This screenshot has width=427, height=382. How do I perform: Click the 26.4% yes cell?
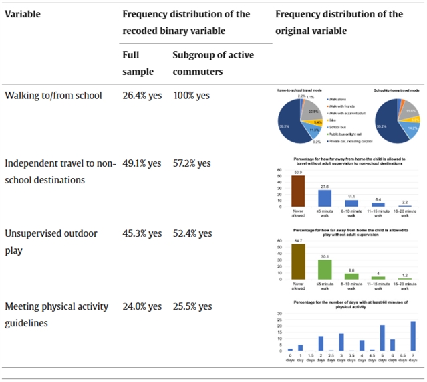[142, 95]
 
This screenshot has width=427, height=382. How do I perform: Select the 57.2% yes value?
[192, 163]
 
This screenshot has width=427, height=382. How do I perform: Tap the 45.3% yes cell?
[142, 233]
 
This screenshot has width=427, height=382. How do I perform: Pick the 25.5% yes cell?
[192, 306]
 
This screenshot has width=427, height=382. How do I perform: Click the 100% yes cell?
[191, 95]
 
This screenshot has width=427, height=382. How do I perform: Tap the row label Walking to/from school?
[53, 95]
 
